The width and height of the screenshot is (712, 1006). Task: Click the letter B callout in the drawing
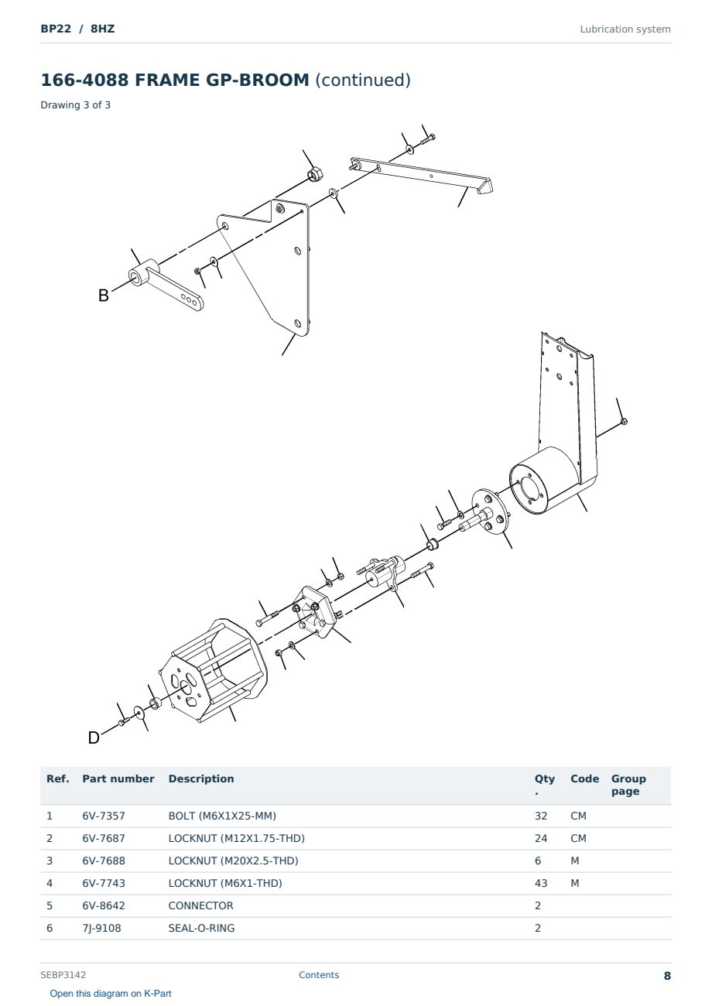click(104, 296)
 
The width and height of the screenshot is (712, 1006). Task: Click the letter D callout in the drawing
click(94, 737)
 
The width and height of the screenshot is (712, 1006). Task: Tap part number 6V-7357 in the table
click(104, 816)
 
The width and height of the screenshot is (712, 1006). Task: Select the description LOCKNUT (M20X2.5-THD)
click(233, 861)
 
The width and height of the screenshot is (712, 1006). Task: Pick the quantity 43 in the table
click(541, 883)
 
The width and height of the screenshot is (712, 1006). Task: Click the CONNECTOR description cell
click(200, 905)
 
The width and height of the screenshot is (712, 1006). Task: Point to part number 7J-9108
click(101, 928)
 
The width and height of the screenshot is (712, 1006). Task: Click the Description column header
click(201, 778)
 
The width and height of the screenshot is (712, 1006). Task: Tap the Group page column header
click(628, 785)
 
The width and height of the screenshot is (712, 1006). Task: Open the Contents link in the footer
click(319, 975)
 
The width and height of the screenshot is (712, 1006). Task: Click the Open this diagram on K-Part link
click(111, 994)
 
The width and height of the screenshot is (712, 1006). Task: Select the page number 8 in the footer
click(667, 976)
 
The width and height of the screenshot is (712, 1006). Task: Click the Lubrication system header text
click(625, 29)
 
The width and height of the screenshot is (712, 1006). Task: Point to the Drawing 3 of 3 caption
click(76, 105)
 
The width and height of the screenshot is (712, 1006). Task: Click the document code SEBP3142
click(63, 975)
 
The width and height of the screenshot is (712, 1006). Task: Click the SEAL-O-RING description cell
click(201, 928)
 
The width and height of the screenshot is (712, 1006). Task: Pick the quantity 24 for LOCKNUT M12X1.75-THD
click(541, 838)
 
